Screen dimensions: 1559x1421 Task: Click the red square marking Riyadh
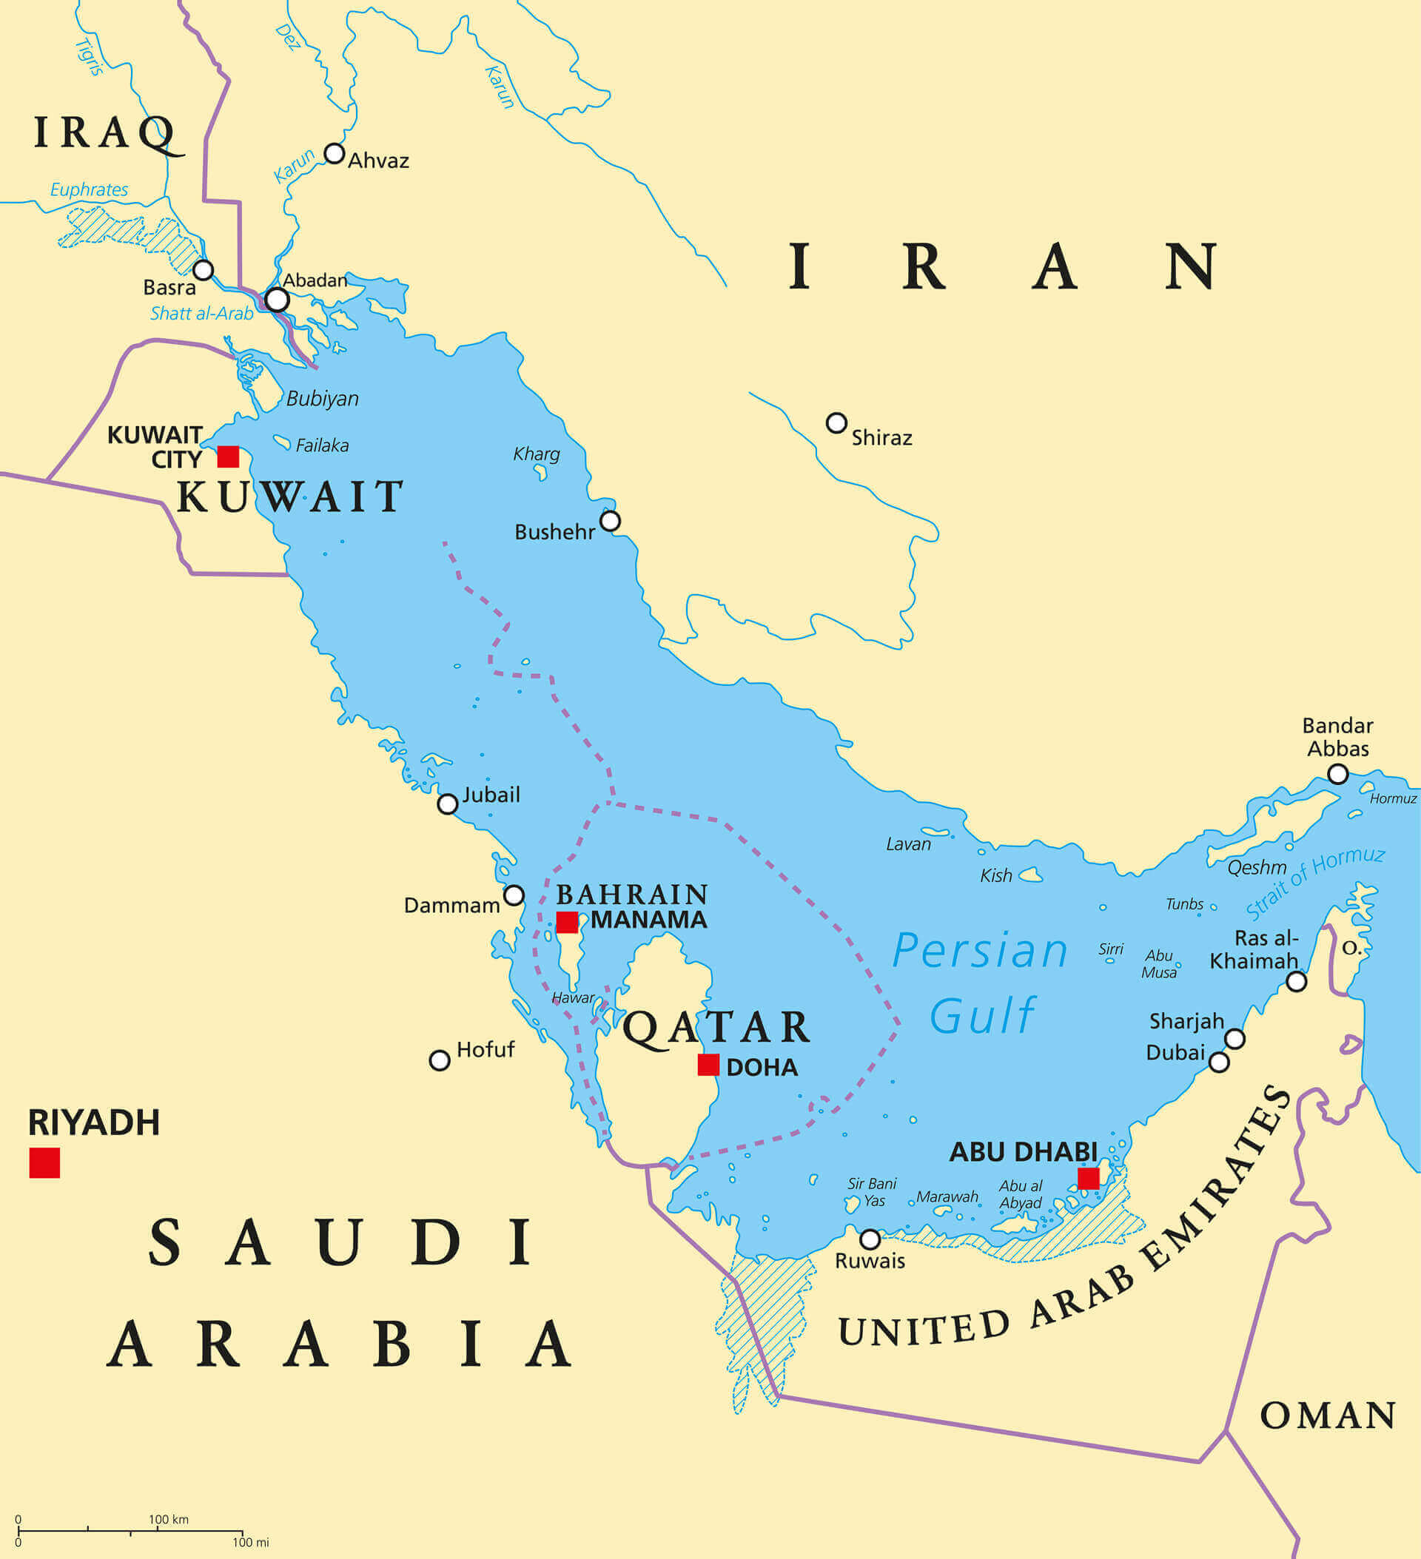(x=44, y=1163)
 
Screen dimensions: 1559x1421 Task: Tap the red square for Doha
(x=708, y=1065)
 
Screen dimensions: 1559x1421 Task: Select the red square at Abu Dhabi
(x=1089, y=1179)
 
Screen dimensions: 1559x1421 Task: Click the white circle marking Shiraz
(x=836, y=423)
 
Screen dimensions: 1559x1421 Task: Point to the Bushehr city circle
(x=610, y=521)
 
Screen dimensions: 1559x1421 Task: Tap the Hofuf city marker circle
(x=440, y=1060)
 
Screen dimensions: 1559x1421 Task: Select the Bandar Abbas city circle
(x=1337, y=774)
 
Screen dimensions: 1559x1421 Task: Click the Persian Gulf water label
(x=981, y=982)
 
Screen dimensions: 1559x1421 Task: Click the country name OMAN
(x=1328, y=1416)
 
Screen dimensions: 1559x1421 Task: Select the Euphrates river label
(x=89, y=189)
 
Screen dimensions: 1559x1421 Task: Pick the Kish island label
(x=995, y=875)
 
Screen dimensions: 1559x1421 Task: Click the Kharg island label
(x=536, y=454)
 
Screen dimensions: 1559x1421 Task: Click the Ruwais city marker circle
(x=870, y=1239)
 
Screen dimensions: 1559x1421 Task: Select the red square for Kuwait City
(x=227, y=457)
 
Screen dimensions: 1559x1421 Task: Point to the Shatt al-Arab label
(x=201, y=313)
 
